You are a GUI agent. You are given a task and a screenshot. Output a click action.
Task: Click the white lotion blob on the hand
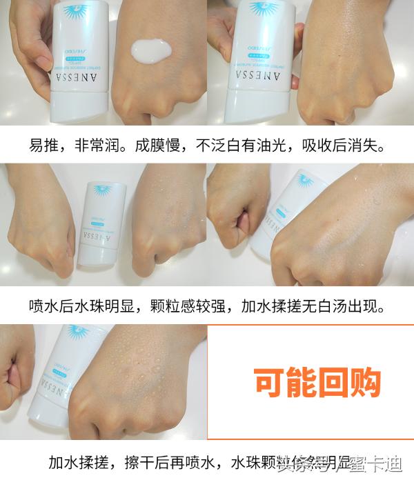point(152,51)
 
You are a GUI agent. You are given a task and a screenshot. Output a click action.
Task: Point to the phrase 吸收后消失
point(347,146)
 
